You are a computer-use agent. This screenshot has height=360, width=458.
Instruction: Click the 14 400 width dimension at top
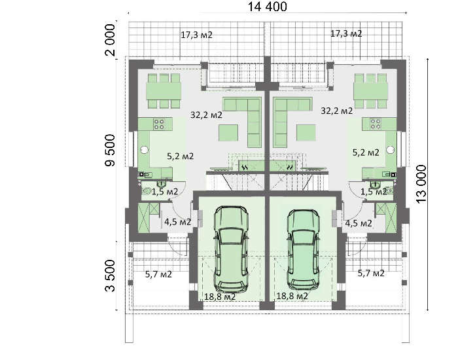(x=267, y=7)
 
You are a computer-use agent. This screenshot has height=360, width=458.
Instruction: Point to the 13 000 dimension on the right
(x=421, y=185)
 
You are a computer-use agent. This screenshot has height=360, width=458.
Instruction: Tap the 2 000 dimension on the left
(x=110, y=40)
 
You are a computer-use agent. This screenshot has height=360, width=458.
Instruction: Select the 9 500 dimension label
(x=110, y=150)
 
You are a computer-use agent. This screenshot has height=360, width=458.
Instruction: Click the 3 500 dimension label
(x=110, y=276)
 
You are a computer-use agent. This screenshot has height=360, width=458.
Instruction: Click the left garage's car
(x=230, y=249)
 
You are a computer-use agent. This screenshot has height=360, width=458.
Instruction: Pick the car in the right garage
(x=302, y=249)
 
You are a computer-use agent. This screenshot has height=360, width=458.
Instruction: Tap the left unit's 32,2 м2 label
(x=206, y=115)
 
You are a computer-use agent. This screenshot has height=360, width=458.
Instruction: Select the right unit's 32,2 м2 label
(x=336, y=111)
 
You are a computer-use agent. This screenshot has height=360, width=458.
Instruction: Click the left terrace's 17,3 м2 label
(x=196, y=35)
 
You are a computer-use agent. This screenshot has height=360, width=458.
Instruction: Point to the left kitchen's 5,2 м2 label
(x=180, y=156)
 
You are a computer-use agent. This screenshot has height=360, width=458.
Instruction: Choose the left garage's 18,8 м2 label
(x=220, y=297)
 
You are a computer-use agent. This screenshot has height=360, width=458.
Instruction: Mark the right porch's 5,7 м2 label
(x=371, y=273)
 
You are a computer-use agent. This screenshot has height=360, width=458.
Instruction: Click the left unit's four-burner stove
(x=159, y=124)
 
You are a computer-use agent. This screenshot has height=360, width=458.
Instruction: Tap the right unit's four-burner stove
(x=376, y=124)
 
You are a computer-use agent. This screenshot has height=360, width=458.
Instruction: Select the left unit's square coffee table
(x=228, y=133)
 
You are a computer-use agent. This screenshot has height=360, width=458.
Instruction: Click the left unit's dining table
(x=164, y=91)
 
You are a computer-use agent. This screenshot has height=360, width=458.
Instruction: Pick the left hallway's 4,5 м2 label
(x=177, y=222)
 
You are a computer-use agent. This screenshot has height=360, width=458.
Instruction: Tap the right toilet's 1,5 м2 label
(x=374, y=192)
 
